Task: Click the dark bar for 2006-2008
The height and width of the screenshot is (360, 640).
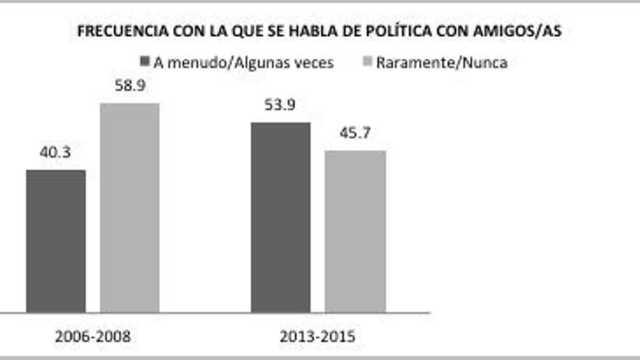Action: pyautogui.click(x=56, y=241)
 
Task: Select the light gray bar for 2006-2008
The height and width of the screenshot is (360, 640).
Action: pyautogui.click(x=129, y=208)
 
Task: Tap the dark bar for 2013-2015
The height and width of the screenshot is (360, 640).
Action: pyautogui.click(x=281, y=217)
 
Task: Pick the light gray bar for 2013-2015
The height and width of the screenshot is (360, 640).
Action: pyautogui.click(x=355, y=231)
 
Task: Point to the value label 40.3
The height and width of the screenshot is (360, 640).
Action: pyautogui.click(x=56, y=153)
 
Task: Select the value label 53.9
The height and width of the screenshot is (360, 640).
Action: pyautogui.click(x=281, y=105)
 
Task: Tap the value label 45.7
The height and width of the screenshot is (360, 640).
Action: pyautogui.click(x=355, y=135)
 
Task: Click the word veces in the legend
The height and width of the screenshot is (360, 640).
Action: pyautogui.click(x=313, y=63)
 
